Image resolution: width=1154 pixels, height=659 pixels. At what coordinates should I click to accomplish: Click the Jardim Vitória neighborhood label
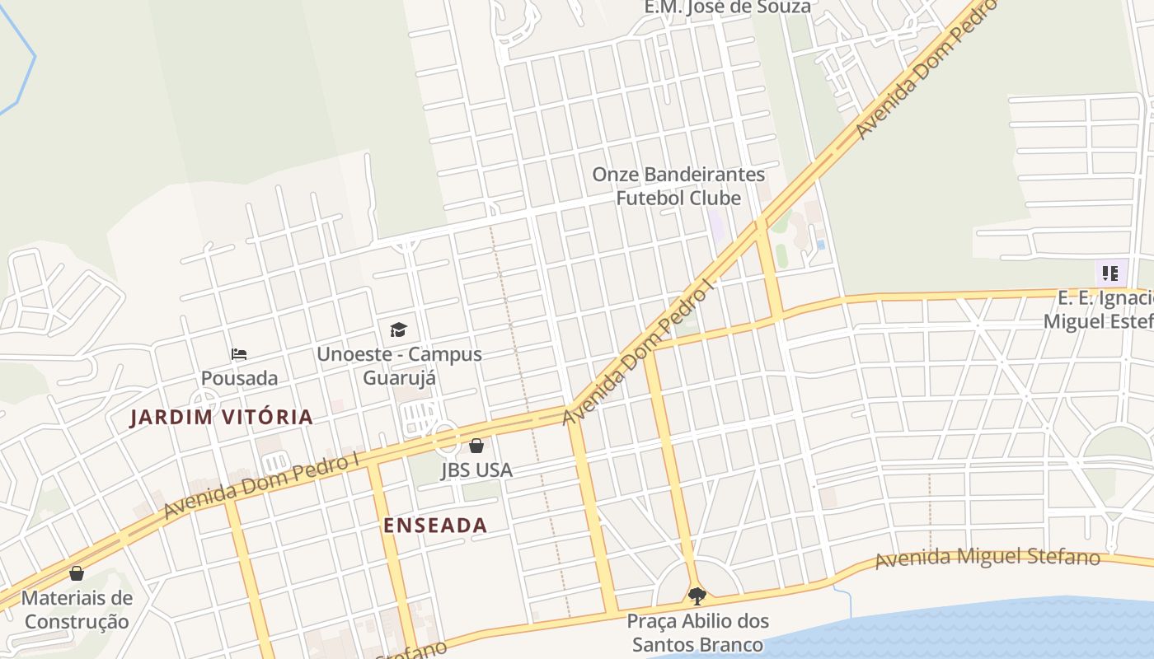point(222,417)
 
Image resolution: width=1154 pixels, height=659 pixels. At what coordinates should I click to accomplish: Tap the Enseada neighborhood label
point(435,526)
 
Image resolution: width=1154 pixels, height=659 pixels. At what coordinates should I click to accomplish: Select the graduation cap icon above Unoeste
point(399,330)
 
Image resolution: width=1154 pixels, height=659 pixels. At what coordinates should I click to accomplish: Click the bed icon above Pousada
point(239,354)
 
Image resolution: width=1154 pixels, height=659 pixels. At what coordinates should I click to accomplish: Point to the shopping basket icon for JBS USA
point(476,446)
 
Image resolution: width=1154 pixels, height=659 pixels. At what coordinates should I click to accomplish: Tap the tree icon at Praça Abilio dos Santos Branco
point(697,596)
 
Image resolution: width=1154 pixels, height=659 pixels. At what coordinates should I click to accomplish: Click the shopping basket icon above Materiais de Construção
point(77,573)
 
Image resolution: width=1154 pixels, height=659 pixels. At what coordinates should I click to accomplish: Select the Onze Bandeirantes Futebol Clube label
point(678,186)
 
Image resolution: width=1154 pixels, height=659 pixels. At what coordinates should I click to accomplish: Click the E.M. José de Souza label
point(727,7)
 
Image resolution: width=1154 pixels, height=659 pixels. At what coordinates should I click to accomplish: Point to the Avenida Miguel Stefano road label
point(987,558)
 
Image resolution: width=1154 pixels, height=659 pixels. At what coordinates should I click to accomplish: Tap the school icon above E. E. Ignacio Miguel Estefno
point(1110,273)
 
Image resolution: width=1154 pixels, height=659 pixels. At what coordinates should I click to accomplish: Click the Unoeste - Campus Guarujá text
point(400,366)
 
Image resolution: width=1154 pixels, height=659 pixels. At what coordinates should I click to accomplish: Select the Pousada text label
point(239,378)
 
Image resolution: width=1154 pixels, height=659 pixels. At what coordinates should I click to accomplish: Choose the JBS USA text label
point(476,470)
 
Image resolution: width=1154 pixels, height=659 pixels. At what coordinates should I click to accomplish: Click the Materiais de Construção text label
point(77,610)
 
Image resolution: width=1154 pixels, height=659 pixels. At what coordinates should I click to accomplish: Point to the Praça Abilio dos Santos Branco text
point(697,633)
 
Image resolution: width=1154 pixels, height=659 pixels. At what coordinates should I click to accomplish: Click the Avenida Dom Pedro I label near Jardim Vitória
point(262,485)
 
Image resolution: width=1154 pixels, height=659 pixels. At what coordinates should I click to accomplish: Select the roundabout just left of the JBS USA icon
point(446,436)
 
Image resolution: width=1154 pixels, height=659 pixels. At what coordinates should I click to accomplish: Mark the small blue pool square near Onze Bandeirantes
point(820,245)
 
